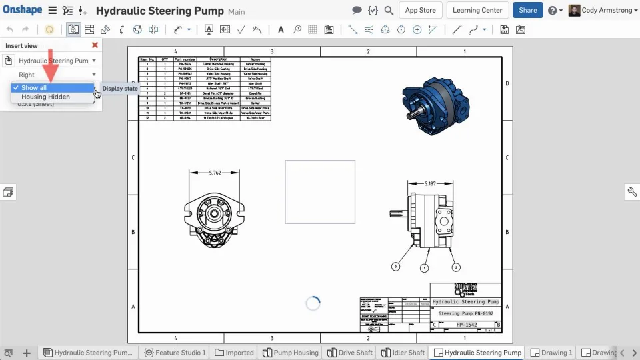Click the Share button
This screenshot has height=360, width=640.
[x=527, y=10]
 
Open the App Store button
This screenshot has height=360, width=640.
[x=420, y=10]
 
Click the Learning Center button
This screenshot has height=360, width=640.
[x=477, y=10]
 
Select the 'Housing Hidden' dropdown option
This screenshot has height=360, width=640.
[x=45, y=97]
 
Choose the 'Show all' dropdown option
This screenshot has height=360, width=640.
[x=34, y=87]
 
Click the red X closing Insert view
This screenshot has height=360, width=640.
[x=95, y=45]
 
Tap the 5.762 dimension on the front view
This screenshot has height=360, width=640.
[x=215, y=173]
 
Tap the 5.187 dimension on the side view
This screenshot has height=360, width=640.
[x=431, y=183]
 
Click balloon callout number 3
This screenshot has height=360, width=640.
[x=396, y=267]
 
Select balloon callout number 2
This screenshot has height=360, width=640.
[x=456, y=267]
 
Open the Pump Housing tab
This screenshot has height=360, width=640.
[x=291, y=353]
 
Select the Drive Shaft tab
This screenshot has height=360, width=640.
[x=350, y=353]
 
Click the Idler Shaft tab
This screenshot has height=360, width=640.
[x=403, y=353]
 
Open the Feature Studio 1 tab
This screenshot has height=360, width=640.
[x=176, y=353]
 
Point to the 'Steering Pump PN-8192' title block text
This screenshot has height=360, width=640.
[x=465, y=313]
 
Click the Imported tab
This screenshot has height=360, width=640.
[x=235, y=353]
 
